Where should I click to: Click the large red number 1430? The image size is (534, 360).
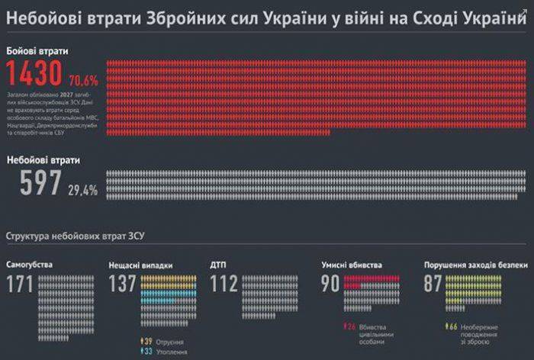click(x=34, y=73)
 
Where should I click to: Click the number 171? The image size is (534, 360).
click(x=21, y=284)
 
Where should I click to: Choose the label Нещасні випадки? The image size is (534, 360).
click(x=141, y=265)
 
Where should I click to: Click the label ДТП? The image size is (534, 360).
click(x=219, y=265)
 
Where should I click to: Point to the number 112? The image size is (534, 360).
click(x=225, y=284)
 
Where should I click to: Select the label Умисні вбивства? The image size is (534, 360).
click(x=350, y=265)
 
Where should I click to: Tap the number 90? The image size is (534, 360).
click(x=330, y=284)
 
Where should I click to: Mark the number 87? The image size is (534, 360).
click(x=433, y=284)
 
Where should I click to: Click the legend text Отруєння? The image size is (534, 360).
click(x=169, y=342)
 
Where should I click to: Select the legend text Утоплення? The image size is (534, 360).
click(x=171, y=352)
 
